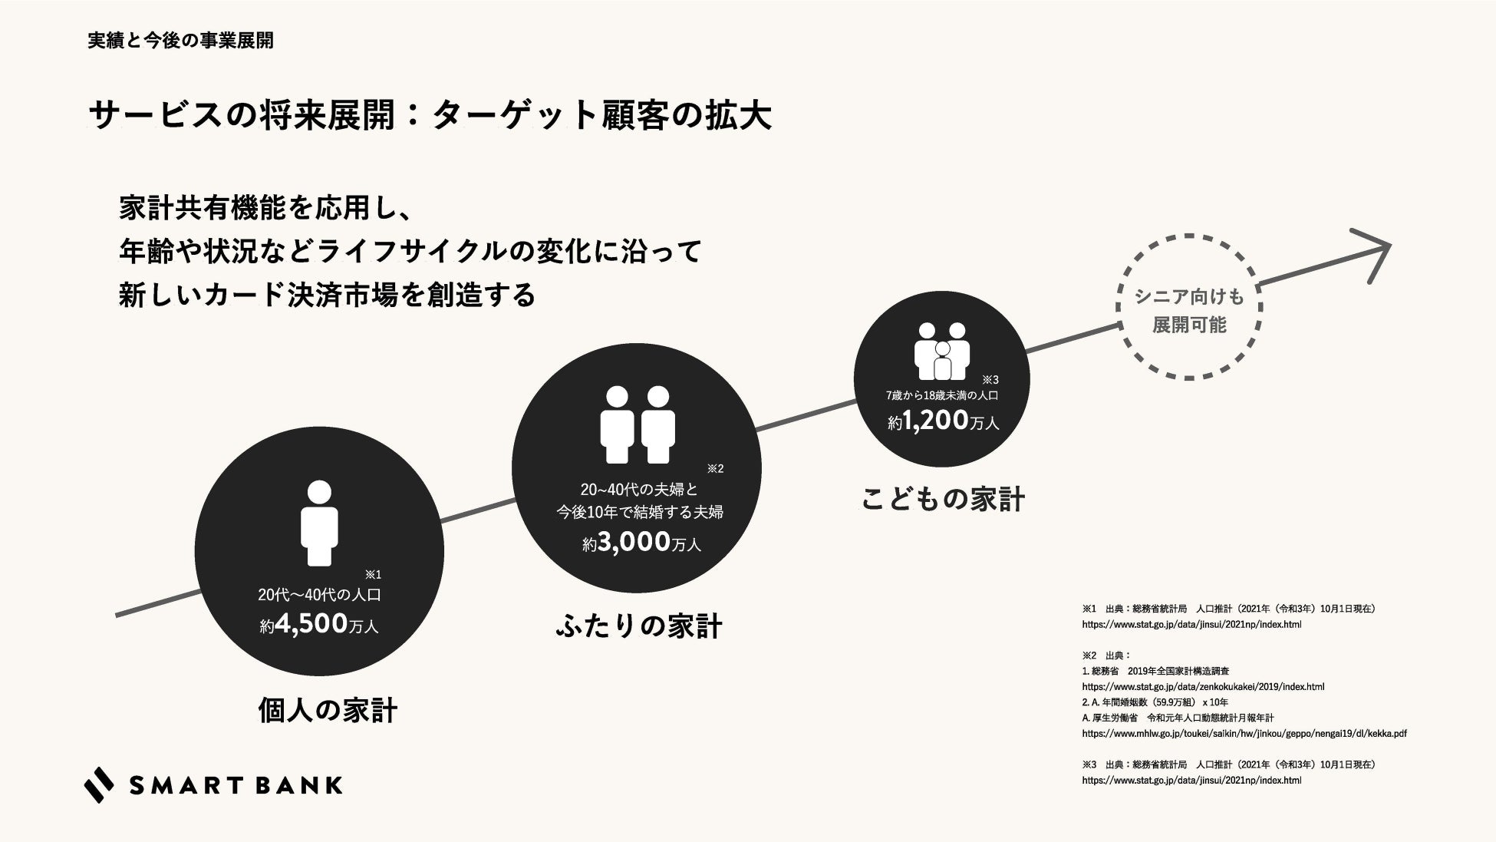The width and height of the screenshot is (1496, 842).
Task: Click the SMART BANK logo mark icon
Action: (x=99, y=784)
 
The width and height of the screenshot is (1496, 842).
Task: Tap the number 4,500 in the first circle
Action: (x=311, y=623)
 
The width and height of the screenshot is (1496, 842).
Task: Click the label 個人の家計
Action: (x=328, y=711)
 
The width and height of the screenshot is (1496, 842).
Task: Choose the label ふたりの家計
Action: (x=638, y=626)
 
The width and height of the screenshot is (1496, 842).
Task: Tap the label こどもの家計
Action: (x=943, y=499)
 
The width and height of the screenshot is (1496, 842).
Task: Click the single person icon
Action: (x=318, y=522)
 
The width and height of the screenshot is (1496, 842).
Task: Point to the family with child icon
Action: (x=942, y=351)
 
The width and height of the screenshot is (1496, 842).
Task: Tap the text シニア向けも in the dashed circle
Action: (x=1189, y=296)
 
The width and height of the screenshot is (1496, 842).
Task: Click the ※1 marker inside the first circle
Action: (x=373, y=574)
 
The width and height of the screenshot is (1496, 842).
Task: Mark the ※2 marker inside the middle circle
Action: (x=715, y=468)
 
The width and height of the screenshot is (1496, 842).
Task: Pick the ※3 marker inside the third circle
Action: (x=990, y=379)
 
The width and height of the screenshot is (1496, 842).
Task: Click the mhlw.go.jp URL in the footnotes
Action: (x=1244, y=734)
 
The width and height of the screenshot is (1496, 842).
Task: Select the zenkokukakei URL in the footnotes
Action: (x=1203, y=687)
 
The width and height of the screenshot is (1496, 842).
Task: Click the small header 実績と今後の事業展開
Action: (x=180, y=41)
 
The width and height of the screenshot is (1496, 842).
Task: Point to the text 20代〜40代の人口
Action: (x=319, y=595)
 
